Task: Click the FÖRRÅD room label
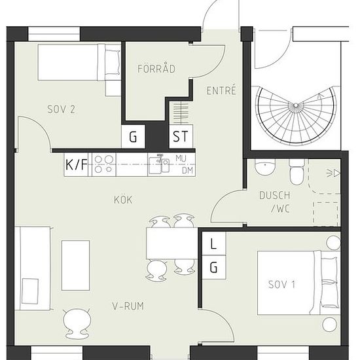[156, 69]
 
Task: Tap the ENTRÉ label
[221, 90]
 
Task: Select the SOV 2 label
[61, 109]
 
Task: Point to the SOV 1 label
[281, 285]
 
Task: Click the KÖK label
[123, 200]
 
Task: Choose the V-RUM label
[128, 306]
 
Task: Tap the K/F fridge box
[77, 164]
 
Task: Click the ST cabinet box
[181, 136]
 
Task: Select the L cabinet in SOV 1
[214, 243]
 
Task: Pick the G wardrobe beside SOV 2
[133, 137]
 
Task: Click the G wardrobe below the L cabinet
[214, 267]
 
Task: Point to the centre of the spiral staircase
[296, 105]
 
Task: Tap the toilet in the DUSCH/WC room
[297, 171]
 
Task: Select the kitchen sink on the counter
[159, 165]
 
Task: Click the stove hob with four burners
[104, 164]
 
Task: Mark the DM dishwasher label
[188, 171]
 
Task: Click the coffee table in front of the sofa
[75, 266]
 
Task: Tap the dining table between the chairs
[172, 243]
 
